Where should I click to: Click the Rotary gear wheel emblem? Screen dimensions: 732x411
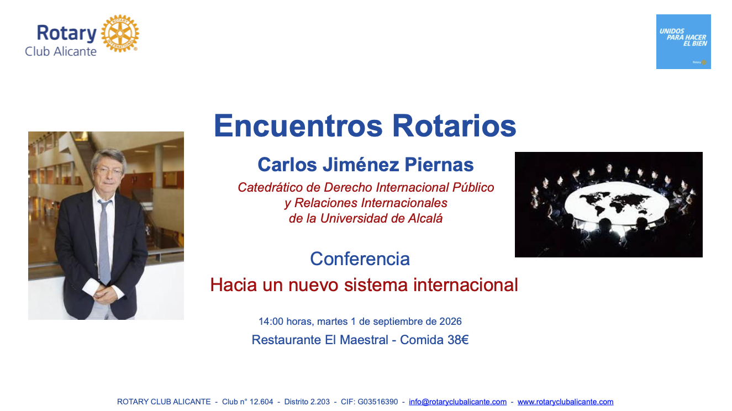point(120,33)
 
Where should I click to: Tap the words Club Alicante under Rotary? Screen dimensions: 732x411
point(61,51)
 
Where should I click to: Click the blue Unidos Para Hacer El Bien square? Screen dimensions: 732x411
point(683,41)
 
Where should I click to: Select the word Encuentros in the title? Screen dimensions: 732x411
point(298,126)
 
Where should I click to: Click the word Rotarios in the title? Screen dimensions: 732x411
point(454,126)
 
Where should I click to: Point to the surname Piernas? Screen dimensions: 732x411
point(439,164)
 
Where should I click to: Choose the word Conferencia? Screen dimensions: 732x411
point(360,259)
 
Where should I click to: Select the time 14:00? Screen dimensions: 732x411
point(271,322)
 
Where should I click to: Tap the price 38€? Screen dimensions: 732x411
point(458,340)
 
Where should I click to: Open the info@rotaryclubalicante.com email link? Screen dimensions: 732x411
point(457,402)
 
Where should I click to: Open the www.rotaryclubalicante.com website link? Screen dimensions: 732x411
point(565,402)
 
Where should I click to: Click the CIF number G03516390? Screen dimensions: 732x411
point(378,402)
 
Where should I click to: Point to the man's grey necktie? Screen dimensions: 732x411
point(104,242)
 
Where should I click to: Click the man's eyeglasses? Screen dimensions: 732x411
point(108,171)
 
